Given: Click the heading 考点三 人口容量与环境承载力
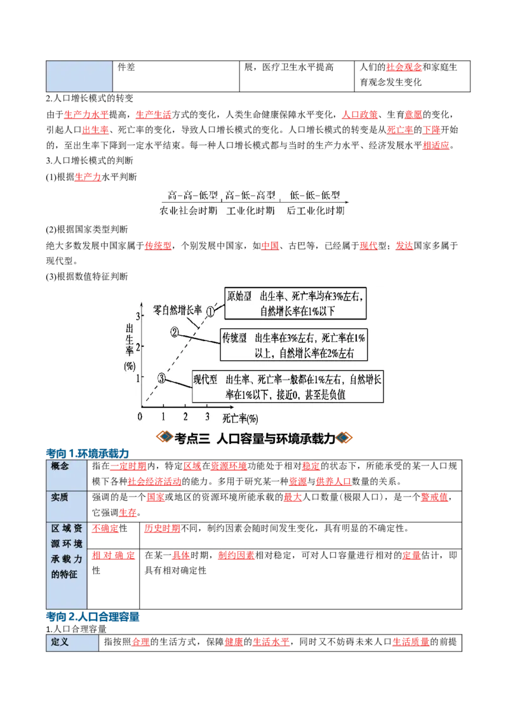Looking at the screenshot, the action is pos(255,438).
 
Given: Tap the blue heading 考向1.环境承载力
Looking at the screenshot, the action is pos(87,454).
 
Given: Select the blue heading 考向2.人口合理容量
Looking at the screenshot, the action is pos(93,617).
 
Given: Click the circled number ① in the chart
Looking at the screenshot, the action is pos(210,312).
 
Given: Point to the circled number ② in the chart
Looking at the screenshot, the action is pos(174,332).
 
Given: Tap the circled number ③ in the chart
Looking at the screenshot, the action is pos(161,379).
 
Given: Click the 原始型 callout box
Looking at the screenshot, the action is pos(296,304).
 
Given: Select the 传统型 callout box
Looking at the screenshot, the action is pos(293,345).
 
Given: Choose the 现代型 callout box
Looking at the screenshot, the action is pos(288,387).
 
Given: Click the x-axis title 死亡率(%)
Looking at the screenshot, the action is pos(240,418).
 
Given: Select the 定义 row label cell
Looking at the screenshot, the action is pos(72,642).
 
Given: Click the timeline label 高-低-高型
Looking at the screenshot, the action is pos(250,196).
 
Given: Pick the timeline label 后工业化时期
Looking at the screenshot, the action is pos(316,210).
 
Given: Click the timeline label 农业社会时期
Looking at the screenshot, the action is pos(189,210).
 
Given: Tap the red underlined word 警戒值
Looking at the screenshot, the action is pos(434,497).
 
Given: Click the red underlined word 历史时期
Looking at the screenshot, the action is pos(162,528).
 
